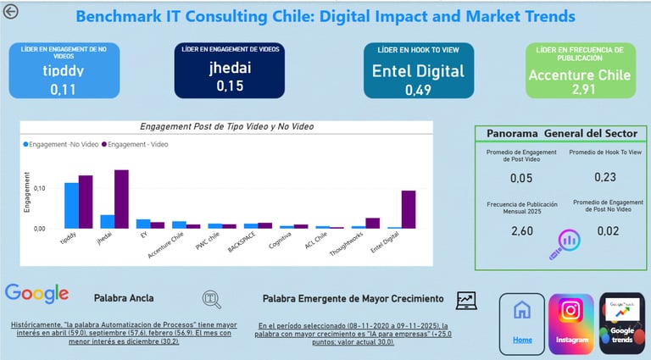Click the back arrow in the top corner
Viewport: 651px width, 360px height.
click(11, 11)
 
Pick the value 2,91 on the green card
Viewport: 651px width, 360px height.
click(580, 89)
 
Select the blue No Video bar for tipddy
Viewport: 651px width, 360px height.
click(71, 206)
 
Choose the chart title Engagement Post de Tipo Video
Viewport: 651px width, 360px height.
click(226, 127)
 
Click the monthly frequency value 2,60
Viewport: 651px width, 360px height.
click(522, 230)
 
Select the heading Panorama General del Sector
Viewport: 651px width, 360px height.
click(561, 134)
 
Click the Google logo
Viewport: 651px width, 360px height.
click(36, 294)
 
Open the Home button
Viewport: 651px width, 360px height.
click(522, 324)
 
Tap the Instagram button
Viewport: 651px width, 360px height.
click(571, 324)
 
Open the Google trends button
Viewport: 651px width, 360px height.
click(621, 324)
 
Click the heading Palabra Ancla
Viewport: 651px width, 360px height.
click(124, 298)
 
